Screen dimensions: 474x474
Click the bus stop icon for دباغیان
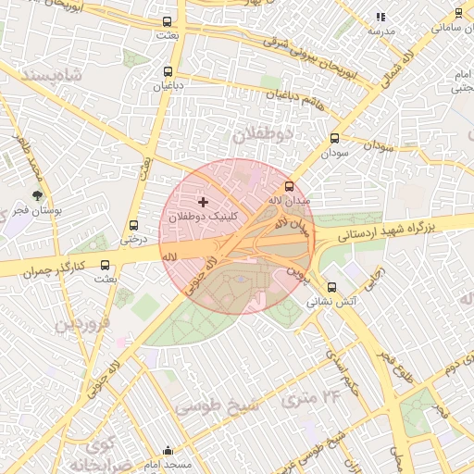168,71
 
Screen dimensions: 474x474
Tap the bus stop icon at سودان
334,139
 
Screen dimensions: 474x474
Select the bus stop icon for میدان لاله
289,186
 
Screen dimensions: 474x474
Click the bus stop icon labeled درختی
134,225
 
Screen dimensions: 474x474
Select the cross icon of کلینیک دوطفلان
204,201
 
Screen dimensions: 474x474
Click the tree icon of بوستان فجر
37,196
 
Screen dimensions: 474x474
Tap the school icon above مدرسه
380,17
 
